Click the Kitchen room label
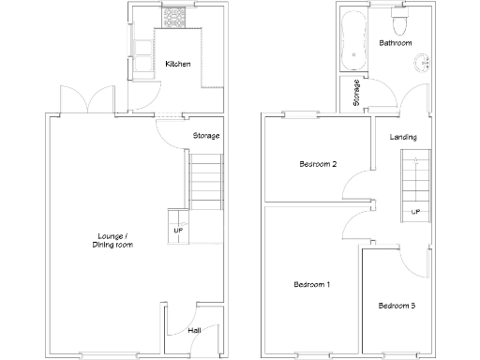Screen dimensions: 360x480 pyautogui.click(x=178, y=64)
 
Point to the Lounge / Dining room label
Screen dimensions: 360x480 pyautogui.click(x=112, y=240)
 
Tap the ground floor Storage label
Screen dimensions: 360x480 pyautogui.click(x=206, y=136)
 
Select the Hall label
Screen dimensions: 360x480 pyautogui.click(x=194, y=330)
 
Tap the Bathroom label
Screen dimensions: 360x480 pyautogui.click(x=395, y=43)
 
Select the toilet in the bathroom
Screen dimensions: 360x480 pyautogui.click(x=399, y=18)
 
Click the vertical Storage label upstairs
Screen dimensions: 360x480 pyautogui.click(x=356, y=93)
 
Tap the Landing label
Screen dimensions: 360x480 pyautogui.click(x=403, y=138)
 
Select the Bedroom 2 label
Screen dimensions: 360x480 pyautogui.click(x=318, y=164)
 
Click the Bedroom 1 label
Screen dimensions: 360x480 pyautogui.click(x=311, y=284)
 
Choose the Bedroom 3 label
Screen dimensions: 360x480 pyautogui.click(x=397, y=306)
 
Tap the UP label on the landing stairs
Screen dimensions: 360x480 pyautogui.click(x=414, y=212)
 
